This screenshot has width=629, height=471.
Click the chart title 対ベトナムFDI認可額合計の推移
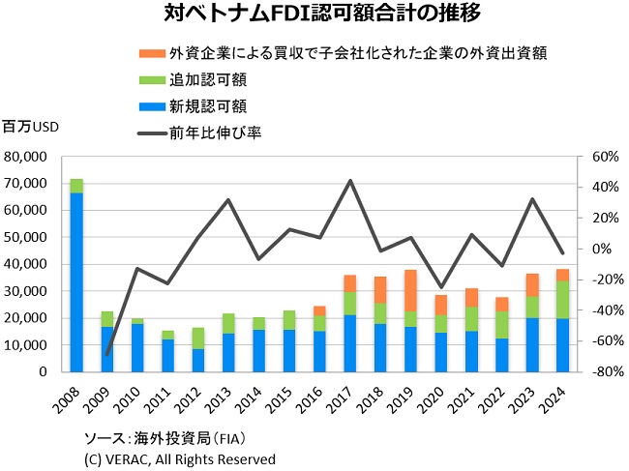click(x=315, y=15)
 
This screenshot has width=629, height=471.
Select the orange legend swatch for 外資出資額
click(x=153, y=51)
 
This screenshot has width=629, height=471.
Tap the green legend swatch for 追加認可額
click(x=153, y=78)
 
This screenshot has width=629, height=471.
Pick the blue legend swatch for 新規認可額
click(x=153, y=104)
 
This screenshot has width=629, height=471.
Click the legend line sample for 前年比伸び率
click(x=153, y=132)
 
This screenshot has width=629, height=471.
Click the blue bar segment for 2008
click(x=76, y=280)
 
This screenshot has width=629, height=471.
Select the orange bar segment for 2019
click(x=410, y=290)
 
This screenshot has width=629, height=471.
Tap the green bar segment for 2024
click(x=562, y=299)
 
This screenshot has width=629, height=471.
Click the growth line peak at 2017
click(x=349, y=181)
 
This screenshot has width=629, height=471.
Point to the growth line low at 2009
click(x=106, y=354)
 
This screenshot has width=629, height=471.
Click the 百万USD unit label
click(x=32, y=127)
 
